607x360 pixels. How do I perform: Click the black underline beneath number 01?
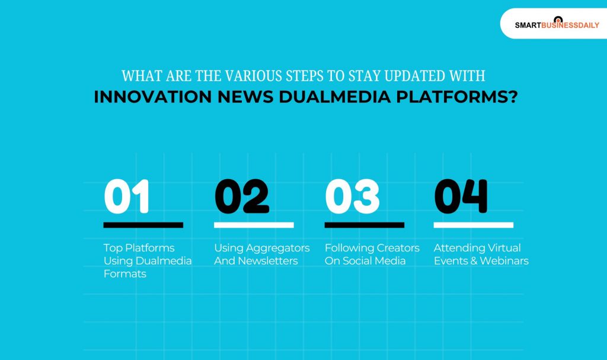pos(143,225)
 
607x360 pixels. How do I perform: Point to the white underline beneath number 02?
pos(254,225)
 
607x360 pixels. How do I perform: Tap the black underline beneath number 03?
pos(364,225)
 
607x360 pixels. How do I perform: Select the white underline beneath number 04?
pos(473,225)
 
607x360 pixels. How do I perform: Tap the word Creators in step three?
pos(395,248)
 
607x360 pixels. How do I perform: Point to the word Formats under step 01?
pos(124,274)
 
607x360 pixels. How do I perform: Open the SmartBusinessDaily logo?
pos(557,24)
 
